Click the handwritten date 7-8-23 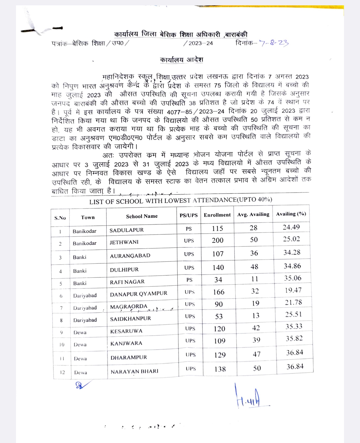tap(274, 43)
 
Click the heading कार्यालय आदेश tap(182, 60)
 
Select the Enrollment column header tap(217, 215)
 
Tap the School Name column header tap(142, 217)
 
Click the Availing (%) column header tap(291, 214)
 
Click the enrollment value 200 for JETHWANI tap(218, 240)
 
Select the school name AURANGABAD tap(130, 256)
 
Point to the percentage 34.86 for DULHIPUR tap(292, 266)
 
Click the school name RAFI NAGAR tap(127, 282)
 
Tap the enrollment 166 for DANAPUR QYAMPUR tap(219, 292)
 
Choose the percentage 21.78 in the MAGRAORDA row tap(293, 302)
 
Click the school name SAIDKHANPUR tap(130, 319)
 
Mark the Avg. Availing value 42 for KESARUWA tap(256, 328)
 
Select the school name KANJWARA tap(126, 343)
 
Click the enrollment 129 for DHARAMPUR tap(220, 355)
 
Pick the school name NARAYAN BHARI tap(134, 371)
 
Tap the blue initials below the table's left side tap(81, 385)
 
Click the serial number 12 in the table tap(62, 372)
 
